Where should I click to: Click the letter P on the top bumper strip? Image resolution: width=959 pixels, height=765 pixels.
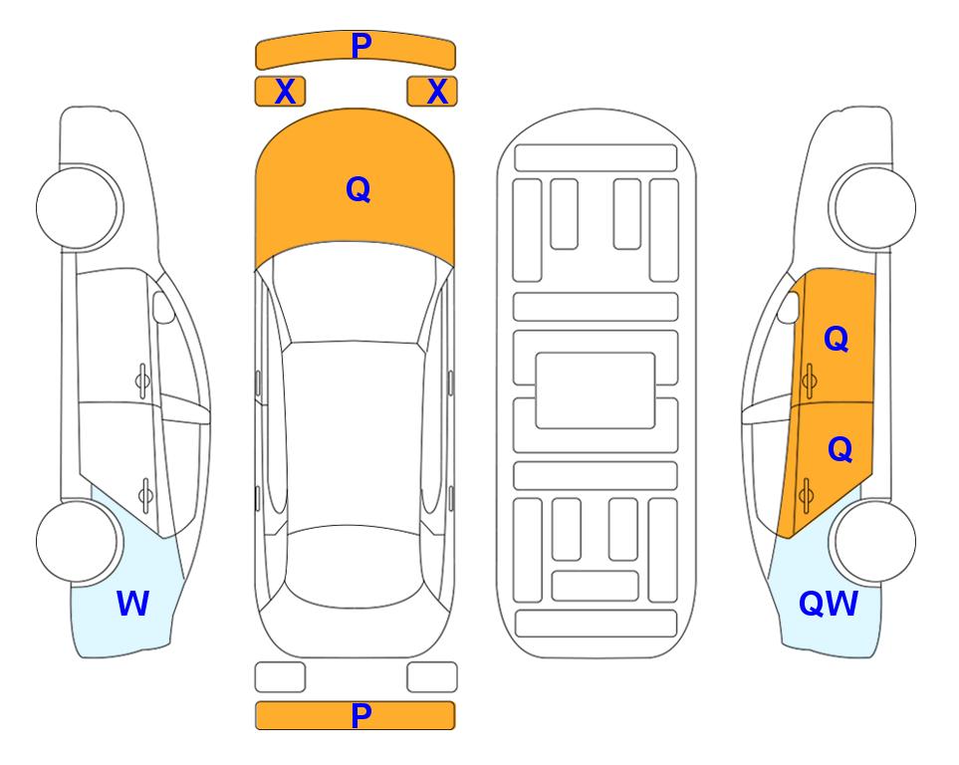pos(361,46)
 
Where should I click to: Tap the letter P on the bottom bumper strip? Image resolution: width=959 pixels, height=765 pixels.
pos(361,715)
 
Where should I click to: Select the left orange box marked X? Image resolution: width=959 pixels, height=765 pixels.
pos(280,92)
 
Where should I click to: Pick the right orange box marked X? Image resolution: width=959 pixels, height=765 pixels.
pos(432,92)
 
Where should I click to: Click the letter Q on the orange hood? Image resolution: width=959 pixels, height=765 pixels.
pos(359,189)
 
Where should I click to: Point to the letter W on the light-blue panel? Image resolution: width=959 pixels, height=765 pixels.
pos(132,604)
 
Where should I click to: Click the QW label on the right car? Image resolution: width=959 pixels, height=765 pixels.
pos(829,604)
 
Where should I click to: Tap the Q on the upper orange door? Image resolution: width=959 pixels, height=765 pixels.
pos(837,339)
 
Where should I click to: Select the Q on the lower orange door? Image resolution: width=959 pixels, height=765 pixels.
pos(839,449)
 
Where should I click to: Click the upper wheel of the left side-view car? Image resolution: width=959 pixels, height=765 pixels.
pos(79,207)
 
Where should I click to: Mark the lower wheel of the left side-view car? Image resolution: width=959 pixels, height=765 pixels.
pos(79,541)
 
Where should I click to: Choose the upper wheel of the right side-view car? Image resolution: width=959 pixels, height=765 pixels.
pos(873,207)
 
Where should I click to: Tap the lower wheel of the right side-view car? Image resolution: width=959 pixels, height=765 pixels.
pos(873,541)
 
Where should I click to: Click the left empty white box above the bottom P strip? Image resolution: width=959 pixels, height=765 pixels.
pos(280,677)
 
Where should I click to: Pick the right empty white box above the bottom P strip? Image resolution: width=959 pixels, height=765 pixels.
pos(432,677)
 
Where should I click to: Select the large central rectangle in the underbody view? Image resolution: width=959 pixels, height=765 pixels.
pos(596,390)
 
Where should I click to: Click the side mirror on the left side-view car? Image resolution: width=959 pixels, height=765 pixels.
pos(162,307)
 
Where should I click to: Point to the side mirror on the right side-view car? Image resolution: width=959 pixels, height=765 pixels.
pos(789,307)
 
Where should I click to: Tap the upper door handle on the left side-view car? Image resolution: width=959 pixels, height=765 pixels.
pos(142,381)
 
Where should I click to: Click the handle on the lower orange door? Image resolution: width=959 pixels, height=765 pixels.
pos(807,496)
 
